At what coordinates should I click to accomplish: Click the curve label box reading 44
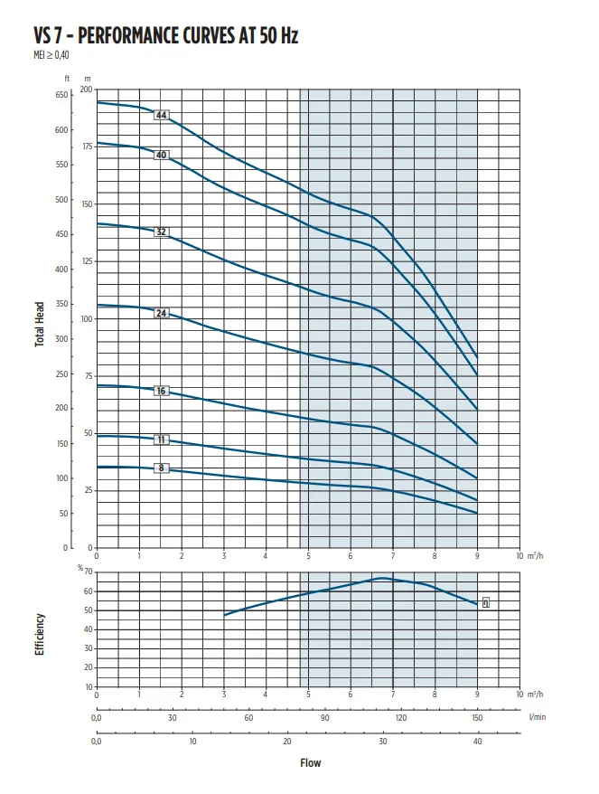tap(162, 115)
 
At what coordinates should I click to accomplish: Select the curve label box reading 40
tap(162, 155)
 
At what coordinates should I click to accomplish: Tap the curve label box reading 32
tap(162, 232)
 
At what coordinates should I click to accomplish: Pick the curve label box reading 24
tap(162, 313)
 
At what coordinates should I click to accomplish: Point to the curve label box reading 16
tap(161, 391)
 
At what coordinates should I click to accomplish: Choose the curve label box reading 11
tap(161, 440)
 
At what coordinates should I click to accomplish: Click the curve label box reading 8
tap(161, 468)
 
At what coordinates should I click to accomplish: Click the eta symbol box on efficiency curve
tap(486, 602)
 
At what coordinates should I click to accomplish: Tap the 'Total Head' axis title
tap(40, 324)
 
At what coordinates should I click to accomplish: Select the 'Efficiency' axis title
tap(40, 634)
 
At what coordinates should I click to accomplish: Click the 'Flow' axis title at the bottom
tap(310, 763)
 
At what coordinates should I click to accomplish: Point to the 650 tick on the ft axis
tap(61, 95)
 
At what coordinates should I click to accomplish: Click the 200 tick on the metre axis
tap(86, 90)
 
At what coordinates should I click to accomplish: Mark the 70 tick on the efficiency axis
tap(89, 572)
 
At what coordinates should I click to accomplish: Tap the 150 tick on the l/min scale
tap(477, 718)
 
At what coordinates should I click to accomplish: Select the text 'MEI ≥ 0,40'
tap(50, 55)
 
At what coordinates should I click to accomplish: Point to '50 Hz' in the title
tap(277, 35)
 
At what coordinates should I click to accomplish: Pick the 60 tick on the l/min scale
tap(248, 718)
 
